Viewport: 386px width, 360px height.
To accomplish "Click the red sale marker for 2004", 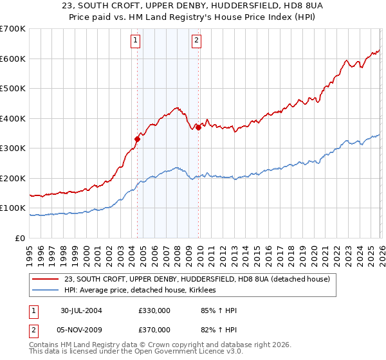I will (x=137, y=138).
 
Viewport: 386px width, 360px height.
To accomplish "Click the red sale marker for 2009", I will (x=198, y=127).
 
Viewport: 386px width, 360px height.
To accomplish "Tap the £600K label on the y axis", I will (x=13, y=59).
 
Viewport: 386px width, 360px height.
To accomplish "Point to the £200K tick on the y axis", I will (x=13, y=178).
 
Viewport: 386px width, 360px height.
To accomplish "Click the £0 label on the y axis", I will (x=21, y=238).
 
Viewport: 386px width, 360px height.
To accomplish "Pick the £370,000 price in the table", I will (x=154, y=330).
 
